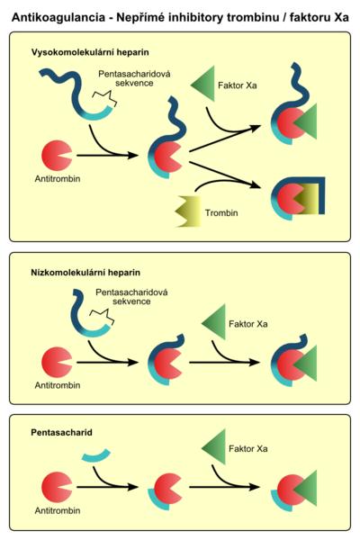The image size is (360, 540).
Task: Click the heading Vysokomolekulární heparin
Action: tap(90, 52)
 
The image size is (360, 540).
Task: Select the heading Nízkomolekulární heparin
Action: tap(85, 273)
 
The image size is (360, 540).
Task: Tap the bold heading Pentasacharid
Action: tap(62, 433)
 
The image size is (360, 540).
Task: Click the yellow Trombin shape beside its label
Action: tap(188, 211)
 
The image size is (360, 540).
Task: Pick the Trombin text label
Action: tap(221, 212)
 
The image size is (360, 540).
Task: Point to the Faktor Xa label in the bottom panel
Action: tap(248, 449)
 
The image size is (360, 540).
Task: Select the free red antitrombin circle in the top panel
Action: tap(56, 156)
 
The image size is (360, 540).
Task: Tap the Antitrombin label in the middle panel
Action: tap(58, 385)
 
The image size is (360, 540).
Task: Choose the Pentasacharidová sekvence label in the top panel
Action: tap(134, 78)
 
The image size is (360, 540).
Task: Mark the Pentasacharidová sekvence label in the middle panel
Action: tap(131, 297)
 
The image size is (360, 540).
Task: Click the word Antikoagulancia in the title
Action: tap(58, 17)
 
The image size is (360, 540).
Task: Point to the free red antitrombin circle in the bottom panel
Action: tap(57, 487)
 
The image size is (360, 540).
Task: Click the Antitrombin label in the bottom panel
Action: tap(58, 510)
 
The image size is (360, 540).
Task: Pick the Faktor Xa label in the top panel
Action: tap(238, 85)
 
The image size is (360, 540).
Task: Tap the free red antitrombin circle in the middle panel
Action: tap(57, 363)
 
